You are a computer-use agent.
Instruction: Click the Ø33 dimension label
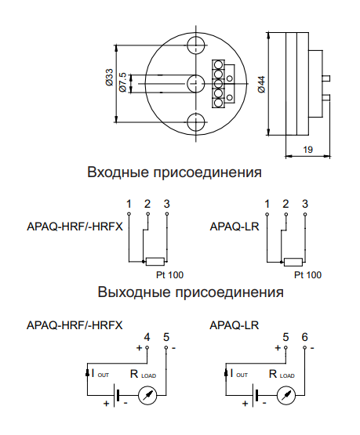click(109, 78)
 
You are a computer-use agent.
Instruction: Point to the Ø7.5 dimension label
click(122, 82)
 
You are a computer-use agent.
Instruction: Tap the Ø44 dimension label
click(261, 85)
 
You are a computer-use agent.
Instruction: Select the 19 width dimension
click(307, 150)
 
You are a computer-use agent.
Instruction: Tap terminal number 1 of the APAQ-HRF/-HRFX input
click(129, 205)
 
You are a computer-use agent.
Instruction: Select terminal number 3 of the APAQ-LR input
click(305, 205)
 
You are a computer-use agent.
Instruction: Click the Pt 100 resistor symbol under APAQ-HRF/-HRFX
click(155, 262)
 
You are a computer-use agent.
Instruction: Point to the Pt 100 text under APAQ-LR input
click(307, 275)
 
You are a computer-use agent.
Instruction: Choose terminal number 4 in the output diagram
click(147, 337)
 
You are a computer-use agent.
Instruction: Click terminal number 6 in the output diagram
click(305, 337)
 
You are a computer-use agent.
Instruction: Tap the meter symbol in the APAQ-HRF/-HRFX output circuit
click(147, 395)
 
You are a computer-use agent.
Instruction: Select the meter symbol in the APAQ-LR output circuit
click(286, 395)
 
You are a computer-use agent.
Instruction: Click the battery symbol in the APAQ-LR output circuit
click(255, 395)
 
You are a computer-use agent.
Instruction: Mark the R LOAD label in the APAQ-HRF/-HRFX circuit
click(143, 374)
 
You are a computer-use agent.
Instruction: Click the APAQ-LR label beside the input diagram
click(235, 227)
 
